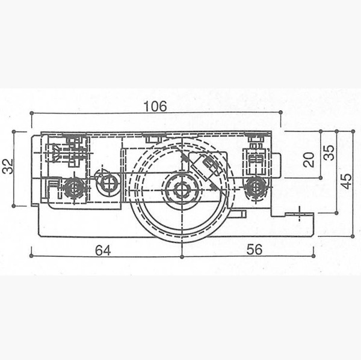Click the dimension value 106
pyautogui.click(x=155, y=106)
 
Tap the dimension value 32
pyautogui.click(x=7, y=166)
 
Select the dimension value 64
pyautogui.click(x=103, y=251)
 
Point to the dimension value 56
pyautogui.click(x=255, y=249)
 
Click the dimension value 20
pyautogui.click(x=309, y=160)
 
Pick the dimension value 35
pyautogui.click(x=329, y=153)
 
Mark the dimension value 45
pyautogui.click(x=347, y=181)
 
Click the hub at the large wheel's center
pyautogui.click(x=182, y=189)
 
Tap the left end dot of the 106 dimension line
pyautogui.click(x=32, y=113)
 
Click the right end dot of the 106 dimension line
pyautogui.click(x=280, y=112)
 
